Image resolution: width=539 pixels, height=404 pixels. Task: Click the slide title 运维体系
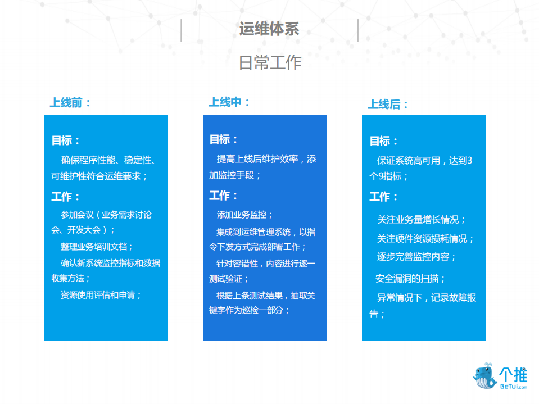click(269, 29)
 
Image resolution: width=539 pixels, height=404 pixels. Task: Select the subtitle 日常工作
click(270, 62)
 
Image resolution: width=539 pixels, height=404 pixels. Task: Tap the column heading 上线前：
click(70, 103)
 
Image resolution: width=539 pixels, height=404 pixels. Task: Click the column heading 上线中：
click(229, 102)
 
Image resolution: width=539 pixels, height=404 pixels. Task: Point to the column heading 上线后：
click(388, 105)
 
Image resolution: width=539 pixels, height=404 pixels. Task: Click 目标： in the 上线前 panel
click(66, 140)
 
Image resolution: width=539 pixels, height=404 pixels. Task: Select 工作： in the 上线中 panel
click(224, 196)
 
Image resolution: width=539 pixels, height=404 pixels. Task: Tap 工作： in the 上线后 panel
click(384, 197)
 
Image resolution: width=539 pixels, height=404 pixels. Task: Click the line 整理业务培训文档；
click(97, 247)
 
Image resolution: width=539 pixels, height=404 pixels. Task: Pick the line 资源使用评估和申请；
click(101, 295)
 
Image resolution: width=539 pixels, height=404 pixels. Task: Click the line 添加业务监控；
click(245, 215)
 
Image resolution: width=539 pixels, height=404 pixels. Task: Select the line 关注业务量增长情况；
click(422, 219)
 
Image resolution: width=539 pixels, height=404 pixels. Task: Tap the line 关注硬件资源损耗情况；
click(425, 238)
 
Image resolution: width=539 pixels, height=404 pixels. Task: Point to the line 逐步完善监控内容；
click(416, 257)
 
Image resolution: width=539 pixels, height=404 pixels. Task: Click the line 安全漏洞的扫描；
click(411, 279)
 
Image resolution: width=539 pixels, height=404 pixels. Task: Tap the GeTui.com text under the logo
click(514, 387)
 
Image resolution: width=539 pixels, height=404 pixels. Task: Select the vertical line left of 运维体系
click(181, 30)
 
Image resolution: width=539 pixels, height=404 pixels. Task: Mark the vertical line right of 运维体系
click(358, 30)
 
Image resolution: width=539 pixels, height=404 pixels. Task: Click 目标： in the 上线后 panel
click(384, 141)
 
